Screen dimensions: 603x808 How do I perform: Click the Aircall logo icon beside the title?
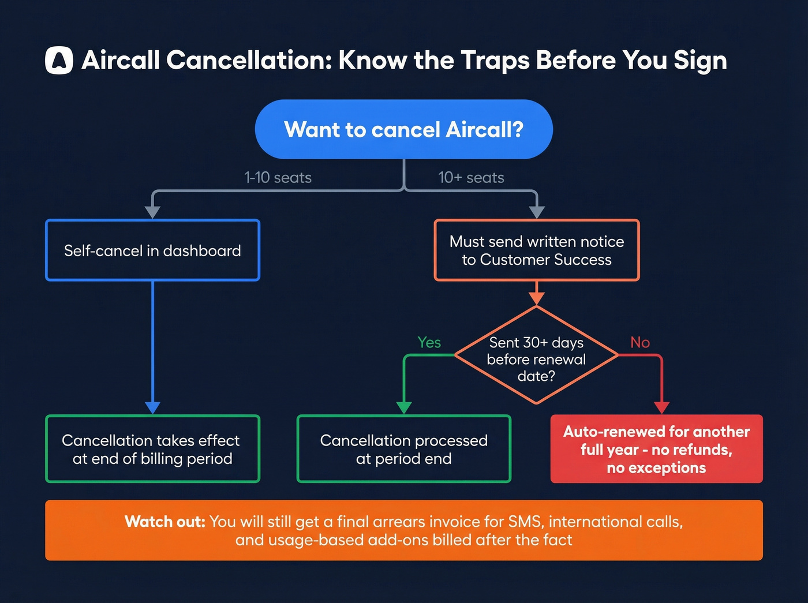pyautogui.click(x=59, y=60)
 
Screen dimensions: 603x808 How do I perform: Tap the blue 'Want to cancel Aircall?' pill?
pyautogui.click(x=403, y=129)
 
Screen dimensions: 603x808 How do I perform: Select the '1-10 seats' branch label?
pyautogui.click(x=278, y=178)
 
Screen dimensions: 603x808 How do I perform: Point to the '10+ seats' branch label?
pyautogui.click(x=471, y=178)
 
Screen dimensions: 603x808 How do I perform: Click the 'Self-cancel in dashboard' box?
pyautogui.click(x=152, y=250)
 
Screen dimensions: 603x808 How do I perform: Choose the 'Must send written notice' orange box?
pyautogui.click(x=536, y=250)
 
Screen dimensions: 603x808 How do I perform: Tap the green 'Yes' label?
pyautogui.click(x=429, y=342)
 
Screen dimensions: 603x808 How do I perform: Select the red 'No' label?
pyautogui.click(x=640, y=342)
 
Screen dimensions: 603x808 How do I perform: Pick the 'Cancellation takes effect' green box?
pyautogui.click(x=152, y=449)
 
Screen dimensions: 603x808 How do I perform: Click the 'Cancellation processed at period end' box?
pyautogui.click(x=403, y=449)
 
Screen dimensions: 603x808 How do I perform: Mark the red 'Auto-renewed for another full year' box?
pyautogui.click(x=656, y=449)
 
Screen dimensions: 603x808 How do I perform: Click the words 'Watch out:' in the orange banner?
pyautogui.click(x=165, y=522)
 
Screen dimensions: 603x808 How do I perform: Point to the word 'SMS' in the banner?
pyautogui.click(x=524, y=522)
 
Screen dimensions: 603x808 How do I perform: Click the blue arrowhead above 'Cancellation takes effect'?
pyautogui.click(x=152, y=407)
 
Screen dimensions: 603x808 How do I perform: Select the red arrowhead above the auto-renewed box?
pyautogui.click(x=661, y=407)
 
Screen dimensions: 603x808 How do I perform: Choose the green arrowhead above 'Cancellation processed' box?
pyautogui.click(x=404, y=407)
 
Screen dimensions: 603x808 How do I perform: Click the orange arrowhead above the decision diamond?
pyautogui.click(x=536, y=298)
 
